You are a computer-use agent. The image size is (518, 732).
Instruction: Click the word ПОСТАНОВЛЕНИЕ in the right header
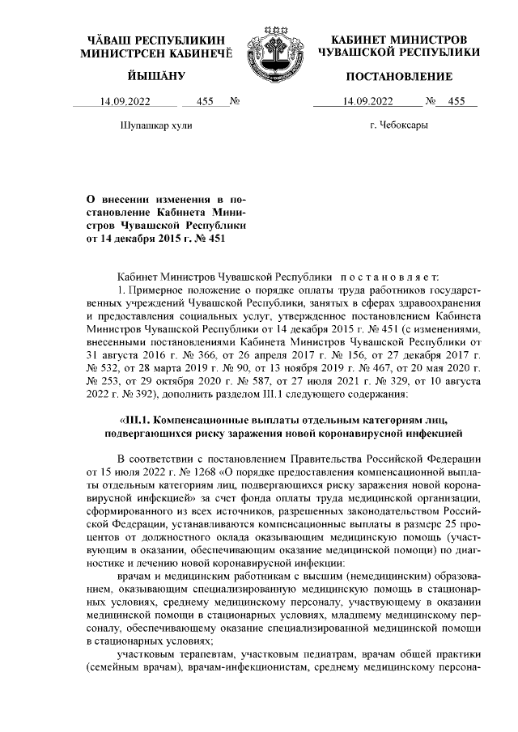[x=399, y=76]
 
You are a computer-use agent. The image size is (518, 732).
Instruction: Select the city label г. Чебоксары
[x=398, y=125]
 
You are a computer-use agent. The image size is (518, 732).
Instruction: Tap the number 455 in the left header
[x=206, y=102]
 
